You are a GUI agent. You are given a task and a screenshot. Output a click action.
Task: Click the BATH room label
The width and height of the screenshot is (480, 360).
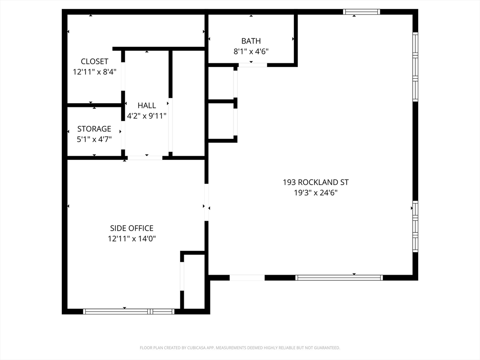point(251,41)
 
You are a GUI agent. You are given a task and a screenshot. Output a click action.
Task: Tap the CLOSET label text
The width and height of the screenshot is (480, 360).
point(95,61)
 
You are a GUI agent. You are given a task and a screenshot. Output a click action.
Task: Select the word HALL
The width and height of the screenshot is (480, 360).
point(147,105)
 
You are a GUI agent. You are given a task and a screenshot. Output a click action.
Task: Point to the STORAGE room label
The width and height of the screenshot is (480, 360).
point(94,129)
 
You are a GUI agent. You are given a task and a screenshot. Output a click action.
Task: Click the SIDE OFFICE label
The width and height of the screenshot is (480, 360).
point(132,228)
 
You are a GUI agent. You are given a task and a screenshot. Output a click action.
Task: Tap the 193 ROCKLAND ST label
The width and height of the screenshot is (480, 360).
point(315,182)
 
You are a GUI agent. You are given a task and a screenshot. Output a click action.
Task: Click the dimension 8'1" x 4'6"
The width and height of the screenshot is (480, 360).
point(251,52)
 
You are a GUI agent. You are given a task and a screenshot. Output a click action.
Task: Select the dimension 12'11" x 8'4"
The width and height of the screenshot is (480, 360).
point(95,72)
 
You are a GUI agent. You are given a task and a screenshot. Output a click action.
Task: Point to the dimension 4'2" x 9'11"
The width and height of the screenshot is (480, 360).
point(147,116)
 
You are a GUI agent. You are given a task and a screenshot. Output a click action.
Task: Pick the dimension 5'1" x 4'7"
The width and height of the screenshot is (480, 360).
point(94,140)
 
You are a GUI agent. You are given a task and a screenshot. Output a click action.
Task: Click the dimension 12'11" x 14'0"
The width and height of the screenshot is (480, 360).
point(132,239)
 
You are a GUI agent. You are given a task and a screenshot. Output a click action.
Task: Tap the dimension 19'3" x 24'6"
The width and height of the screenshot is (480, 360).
point(315,193)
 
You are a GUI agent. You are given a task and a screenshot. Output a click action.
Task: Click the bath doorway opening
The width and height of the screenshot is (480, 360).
point(253,65)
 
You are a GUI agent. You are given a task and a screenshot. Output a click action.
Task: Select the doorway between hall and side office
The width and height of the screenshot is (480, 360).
point(145,158)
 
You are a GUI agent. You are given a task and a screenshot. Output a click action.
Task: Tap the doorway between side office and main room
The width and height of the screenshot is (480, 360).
point(206,202)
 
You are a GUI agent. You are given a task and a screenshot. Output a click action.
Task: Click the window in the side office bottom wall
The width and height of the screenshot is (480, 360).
point(128,312)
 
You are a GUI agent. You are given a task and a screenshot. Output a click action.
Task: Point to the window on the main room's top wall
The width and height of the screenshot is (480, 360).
point(361,12)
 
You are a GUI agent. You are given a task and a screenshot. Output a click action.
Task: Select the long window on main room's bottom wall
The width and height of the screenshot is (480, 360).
point(339,277)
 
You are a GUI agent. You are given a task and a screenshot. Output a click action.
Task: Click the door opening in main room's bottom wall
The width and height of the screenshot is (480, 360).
point(247,277)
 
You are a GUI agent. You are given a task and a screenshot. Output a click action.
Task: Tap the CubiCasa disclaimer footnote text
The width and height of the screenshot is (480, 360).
point(240,348)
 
